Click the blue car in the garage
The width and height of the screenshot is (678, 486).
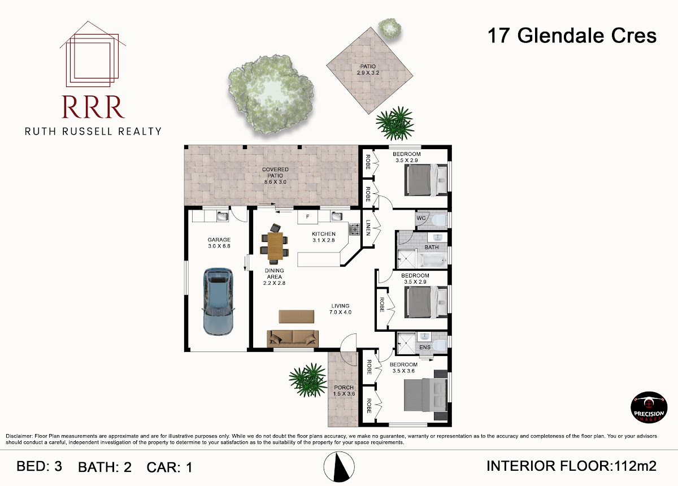[218, 302]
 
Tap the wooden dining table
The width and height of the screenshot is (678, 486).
[275, 246]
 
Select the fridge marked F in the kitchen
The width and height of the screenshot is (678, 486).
[307, 216]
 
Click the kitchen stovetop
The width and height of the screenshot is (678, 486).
[354, 229]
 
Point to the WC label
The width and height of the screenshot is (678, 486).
[421, 218]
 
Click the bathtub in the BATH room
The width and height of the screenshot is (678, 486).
[432, 261]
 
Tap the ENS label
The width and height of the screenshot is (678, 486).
[425, 348]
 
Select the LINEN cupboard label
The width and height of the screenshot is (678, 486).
[368, 228]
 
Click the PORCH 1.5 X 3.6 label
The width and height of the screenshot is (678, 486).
[344, 390]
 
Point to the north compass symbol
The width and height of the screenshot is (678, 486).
[339, 466]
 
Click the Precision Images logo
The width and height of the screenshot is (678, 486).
[649, 407]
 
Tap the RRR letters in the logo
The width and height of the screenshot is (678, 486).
[93, 107]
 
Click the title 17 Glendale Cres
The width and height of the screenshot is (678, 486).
[572, 36]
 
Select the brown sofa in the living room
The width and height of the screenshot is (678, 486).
[293, 339]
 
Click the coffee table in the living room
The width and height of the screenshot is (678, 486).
[296, 316]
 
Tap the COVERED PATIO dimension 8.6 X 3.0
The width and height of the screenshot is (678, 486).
[275, 182]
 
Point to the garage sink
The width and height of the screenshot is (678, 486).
[223, 216]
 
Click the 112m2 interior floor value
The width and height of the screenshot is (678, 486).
[635, 466]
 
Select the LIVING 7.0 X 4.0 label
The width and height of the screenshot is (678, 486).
[340, 309]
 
